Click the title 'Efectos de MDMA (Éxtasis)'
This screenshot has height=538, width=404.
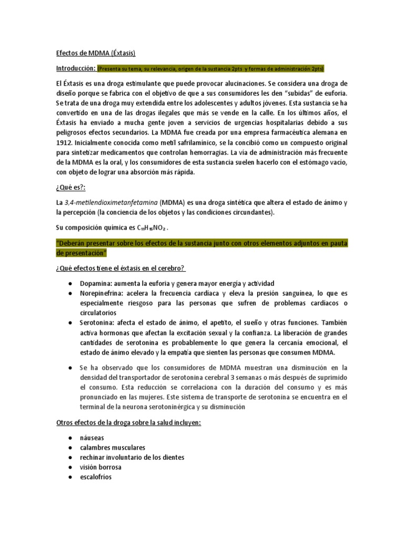(96, 53)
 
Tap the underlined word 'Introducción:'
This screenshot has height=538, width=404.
(75, 69)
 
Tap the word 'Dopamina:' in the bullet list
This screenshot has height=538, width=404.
(96, 283)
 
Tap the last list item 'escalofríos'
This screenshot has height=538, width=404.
(96, 477)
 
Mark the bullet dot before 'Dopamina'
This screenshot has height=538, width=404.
(70, 283)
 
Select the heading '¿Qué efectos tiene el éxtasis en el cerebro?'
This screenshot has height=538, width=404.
(120, 268)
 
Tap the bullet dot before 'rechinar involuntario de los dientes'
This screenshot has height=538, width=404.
(70, 458)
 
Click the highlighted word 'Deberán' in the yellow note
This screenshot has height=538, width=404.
(72, 243)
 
